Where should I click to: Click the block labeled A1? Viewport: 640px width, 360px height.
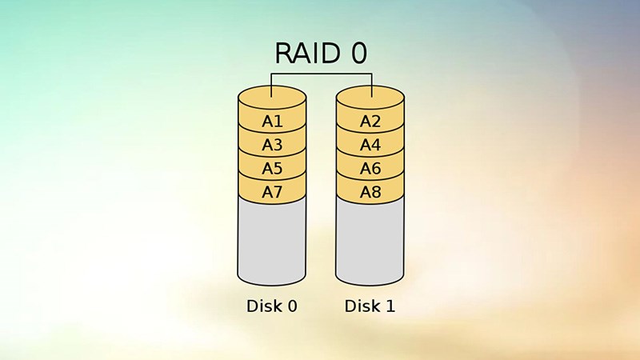(272, 122)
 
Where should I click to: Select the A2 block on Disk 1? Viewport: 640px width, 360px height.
(370, 122)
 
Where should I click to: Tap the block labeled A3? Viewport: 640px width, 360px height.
(272, 145)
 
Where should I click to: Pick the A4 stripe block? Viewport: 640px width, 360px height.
(370, 145)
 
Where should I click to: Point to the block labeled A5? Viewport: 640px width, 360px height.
(272, 169)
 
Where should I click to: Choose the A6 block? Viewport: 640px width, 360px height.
(370, 169)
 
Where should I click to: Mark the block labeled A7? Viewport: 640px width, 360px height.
(272, 192)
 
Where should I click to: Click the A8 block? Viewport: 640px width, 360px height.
(370, 192)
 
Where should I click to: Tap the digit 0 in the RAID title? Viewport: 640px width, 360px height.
(359, 54)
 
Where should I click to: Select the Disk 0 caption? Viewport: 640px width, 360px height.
(272, 306)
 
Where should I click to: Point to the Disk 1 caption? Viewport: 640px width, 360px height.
(370, 306)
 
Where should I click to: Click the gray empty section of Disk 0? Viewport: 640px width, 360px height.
(272, 240)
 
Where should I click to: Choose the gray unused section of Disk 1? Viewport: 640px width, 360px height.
(370, 240)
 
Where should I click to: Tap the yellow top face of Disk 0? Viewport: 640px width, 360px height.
(272, 102)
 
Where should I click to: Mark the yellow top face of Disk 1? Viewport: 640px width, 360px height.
(370, 102)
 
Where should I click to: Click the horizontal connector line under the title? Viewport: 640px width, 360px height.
(322, 74)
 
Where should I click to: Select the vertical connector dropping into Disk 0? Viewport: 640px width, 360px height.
(272, 84)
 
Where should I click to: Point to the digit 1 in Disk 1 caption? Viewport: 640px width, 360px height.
(390, 306)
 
